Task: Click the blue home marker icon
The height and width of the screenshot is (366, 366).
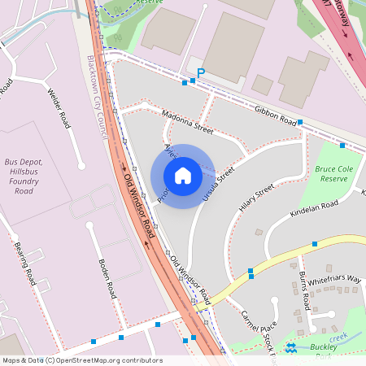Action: (x=183, y=176)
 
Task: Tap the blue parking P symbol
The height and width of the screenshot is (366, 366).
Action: (x=199, y=73)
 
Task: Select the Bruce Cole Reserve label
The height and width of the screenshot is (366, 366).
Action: (x=334, y=173)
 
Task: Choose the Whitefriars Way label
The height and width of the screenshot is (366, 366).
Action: (x=333, y=278)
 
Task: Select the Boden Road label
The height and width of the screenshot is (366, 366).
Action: (x=107, y=278)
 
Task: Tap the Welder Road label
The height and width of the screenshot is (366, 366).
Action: (x=59, y=108)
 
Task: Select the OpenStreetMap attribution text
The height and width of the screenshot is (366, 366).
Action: (x=81, y=360)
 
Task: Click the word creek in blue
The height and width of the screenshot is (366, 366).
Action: (x=338, y=336)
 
